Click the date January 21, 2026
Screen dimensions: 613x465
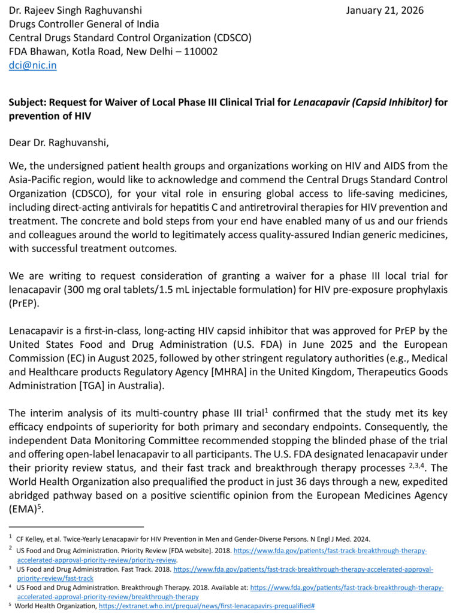click(385, 10)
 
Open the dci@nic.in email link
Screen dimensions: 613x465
click(32, 66)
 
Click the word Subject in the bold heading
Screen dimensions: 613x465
click(26, 102)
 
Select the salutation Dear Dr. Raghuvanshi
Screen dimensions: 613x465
click(58, 142)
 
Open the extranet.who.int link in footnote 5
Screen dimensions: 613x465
click(207, 606)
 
